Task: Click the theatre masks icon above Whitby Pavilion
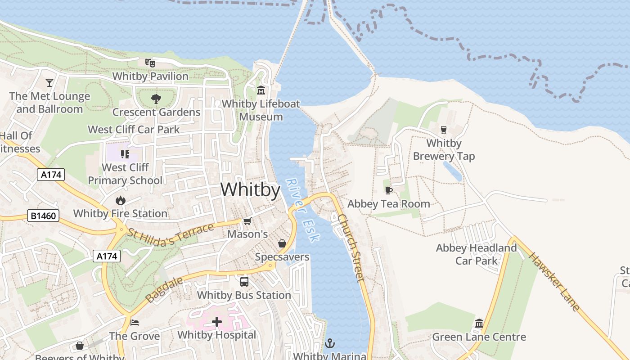(150, 63)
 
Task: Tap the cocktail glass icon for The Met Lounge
(49, 83)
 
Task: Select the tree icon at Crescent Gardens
(156, 99)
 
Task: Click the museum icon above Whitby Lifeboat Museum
(261, 90)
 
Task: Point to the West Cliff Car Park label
(134, 130)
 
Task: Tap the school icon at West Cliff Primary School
(125, 155)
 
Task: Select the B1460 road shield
(44, 216)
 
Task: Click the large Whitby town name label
(250, 190)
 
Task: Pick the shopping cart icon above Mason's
(247, 221)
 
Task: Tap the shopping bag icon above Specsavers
(282, 243)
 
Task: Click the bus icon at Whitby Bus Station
(244, 282)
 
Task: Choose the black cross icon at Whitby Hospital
(217, 322)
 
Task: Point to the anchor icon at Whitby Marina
(330, 344)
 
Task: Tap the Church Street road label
(351, 247)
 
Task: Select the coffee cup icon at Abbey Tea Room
(389, 191)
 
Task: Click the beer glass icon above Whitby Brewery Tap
(444, 130)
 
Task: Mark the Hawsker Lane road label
(553, 282)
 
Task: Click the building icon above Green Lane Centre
(479, 324)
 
